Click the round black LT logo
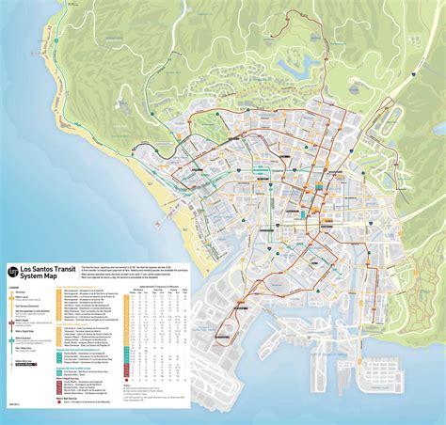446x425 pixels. coord(14,272)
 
